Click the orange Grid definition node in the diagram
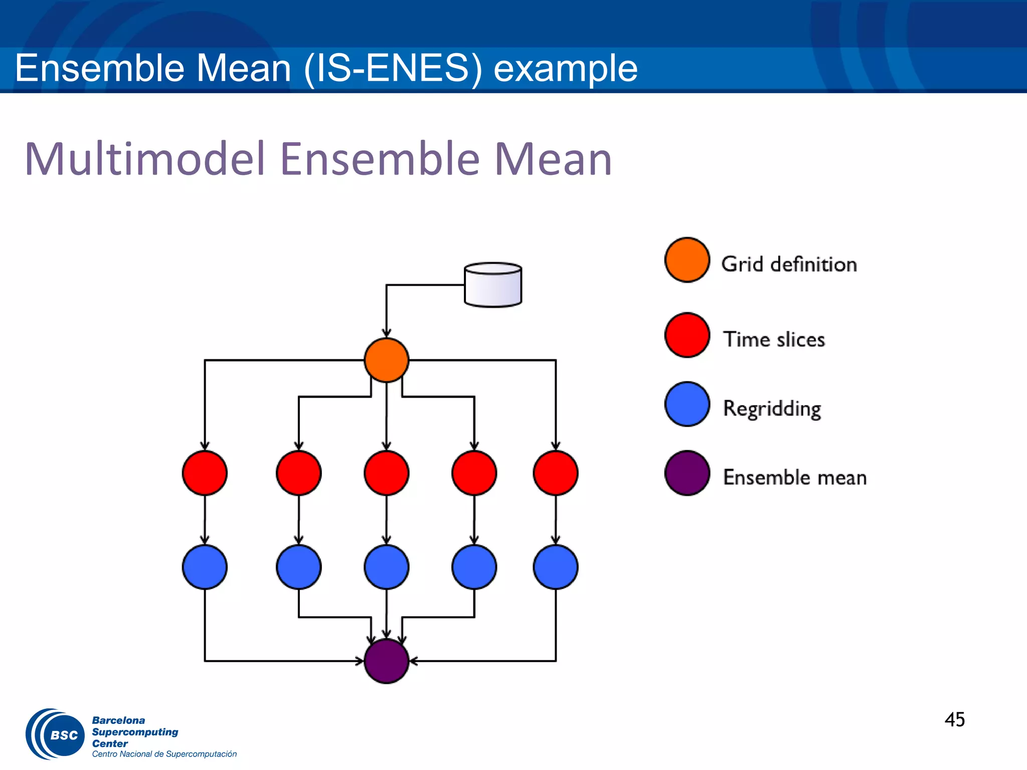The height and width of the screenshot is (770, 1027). [x=386, y=360]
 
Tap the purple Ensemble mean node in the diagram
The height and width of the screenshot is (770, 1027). [x=386, y=661]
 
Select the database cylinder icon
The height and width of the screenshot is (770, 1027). [x=493, y=285]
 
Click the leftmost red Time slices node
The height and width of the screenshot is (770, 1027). [x=205, y=473]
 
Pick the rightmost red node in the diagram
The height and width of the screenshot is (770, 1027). [x=556, y=473]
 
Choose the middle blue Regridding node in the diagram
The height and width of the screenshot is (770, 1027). [x=386, y=567]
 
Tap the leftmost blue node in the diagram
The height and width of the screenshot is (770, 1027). [x=205, y=567]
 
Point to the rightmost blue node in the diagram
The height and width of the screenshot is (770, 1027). [x=556, y=567]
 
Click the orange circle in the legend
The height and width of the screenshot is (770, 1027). [x=687, y=260]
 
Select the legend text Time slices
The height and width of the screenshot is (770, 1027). [x=774, y=339]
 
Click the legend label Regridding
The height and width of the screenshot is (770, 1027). [x=772, y=409]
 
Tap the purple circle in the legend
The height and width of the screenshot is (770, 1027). [x=687, y=473]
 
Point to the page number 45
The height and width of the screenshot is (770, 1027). [x=954, y=719]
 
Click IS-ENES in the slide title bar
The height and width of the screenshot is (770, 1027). [x=393, y=68]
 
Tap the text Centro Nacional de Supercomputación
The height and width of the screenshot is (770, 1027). [x=164, y=754]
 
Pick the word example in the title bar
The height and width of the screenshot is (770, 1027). [x=565, y=69]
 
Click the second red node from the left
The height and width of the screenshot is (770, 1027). [x=298, y=473]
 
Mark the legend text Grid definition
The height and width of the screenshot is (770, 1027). [x=789, y=264]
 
